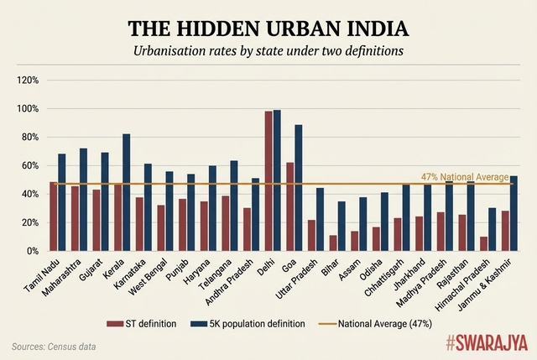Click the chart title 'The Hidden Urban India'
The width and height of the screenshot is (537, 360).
tap(268, 29)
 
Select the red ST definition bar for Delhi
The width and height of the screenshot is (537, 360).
tap(268, 181)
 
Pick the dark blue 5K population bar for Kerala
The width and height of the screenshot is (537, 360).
tap(127, 193)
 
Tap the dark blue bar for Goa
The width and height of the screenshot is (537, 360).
tap(299, 188)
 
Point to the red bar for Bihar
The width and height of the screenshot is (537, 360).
tap(333, 243)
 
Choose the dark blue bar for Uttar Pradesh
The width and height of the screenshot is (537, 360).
tap(320, 219)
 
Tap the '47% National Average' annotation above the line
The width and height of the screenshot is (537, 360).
tap(464, 177)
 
